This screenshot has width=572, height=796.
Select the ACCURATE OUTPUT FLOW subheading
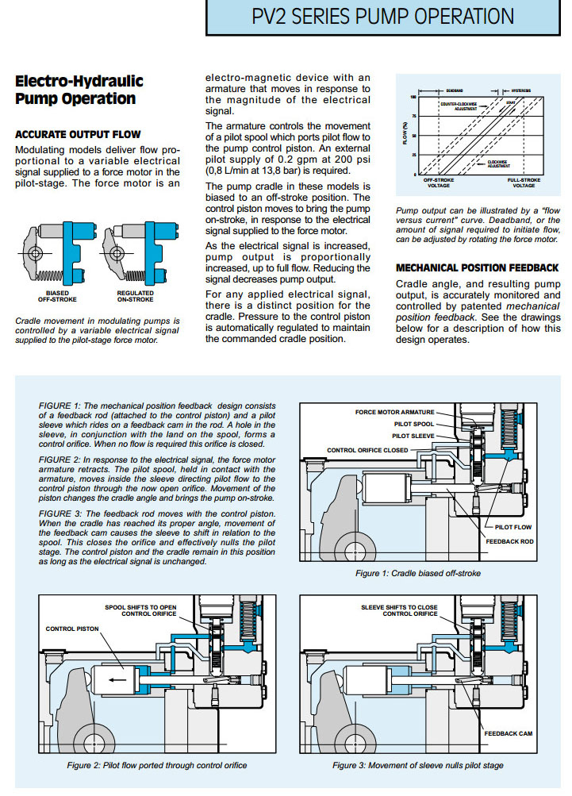click(78, 134)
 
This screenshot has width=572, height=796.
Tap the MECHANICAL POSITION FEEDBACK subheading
click(477, 267)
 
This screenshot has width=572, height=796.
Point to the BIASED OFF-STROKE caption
click(47, 297)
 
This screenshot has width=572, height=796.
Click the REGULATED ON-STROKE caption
click(135, 297)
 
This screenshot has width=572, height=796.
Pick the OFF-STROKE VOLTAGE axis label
click(438, 183)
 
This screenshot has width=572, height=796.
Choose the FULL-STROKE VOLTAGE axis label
click(524, 183)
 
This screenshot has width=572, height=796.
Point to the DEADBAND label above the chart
click(454, 90)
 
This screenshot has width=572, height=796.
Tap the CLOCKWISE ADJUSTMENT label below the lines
click(499, 163)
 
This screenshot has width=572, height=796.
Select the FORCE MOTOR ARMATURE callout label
click(394, 413)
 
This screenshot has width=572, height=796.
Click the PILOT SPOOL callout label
click(413, 425)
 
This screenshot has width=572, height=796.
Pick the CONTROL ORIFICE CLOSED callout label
click(367, 451)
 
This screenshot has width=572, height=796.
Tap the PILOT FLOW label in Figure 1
click(512, 526)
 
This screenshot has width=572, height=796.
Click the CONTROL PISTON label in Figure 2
click(72, 628)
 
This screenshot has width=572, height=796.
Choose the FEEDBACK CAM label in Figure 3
click(508, 733)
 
